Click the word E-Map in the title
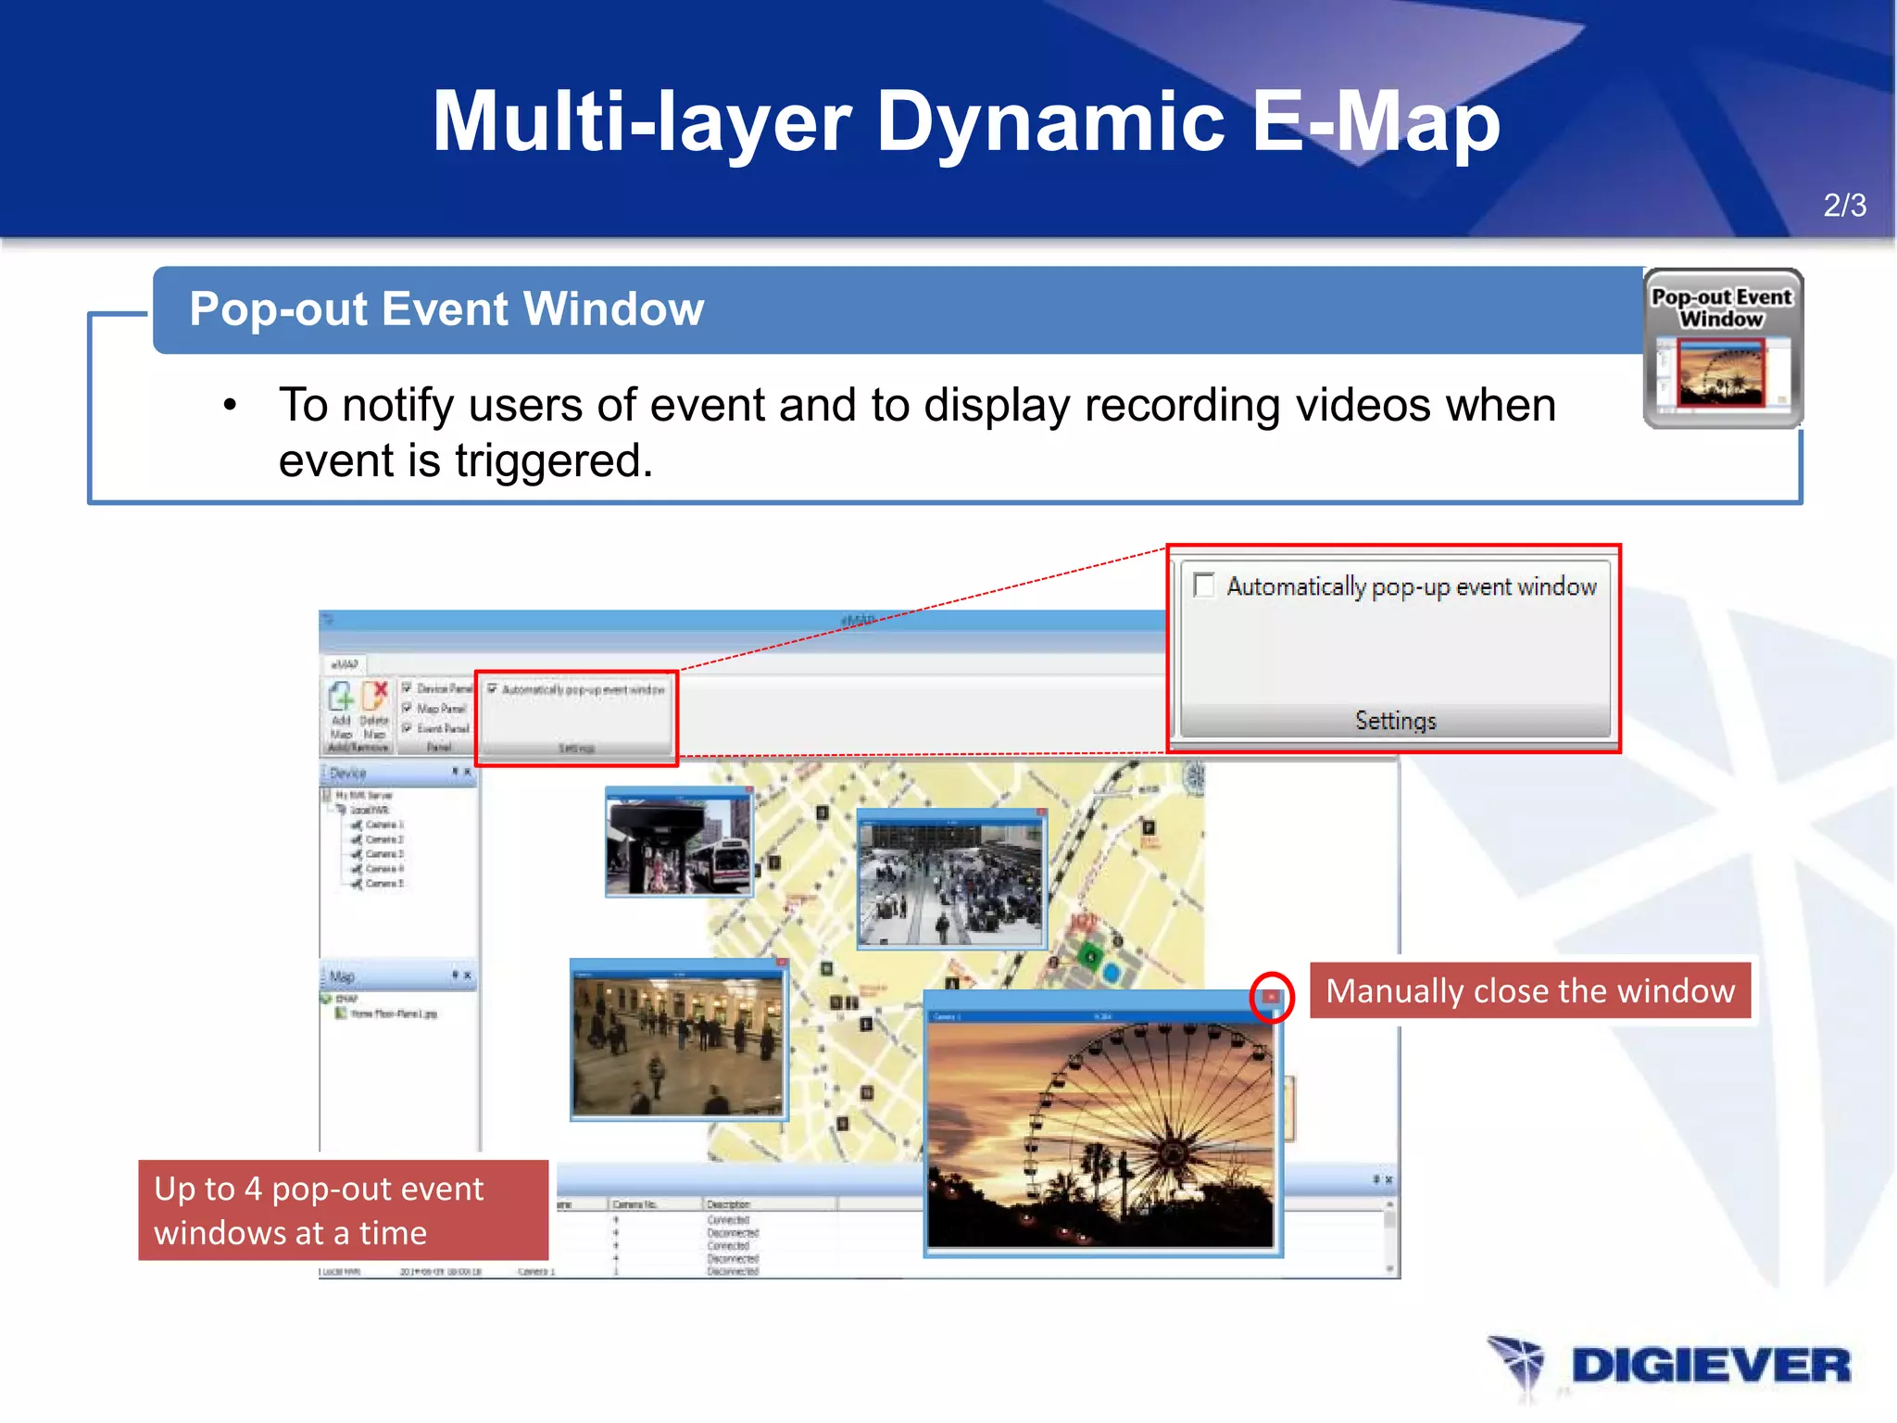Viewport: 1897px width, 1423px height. [1375, 122]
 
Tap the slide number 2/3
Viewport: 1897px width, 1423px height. [1844, 205]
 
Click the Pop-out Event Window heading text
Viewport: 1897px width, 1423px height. [446, 309]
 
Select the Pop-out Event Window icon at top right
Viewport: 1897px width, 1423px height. [1722, 349]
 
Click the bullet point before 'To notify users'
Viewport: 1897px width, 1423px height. [230, 405]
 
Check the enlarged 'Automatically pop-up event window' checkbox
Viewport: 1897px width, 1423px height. [1204, 586]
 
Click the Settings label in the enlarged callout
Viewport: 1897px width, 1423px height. [1395, 720]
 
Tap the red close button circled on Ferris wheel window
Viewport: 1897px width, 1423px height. [1271, 997]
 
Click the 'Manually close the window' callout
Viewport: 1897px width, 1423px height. [1529, 990]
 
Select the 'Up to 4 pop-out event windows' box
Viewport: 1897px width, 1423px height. [343, 1210]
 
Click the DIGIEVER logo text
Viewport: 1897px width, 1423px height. [1710, 1366]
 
